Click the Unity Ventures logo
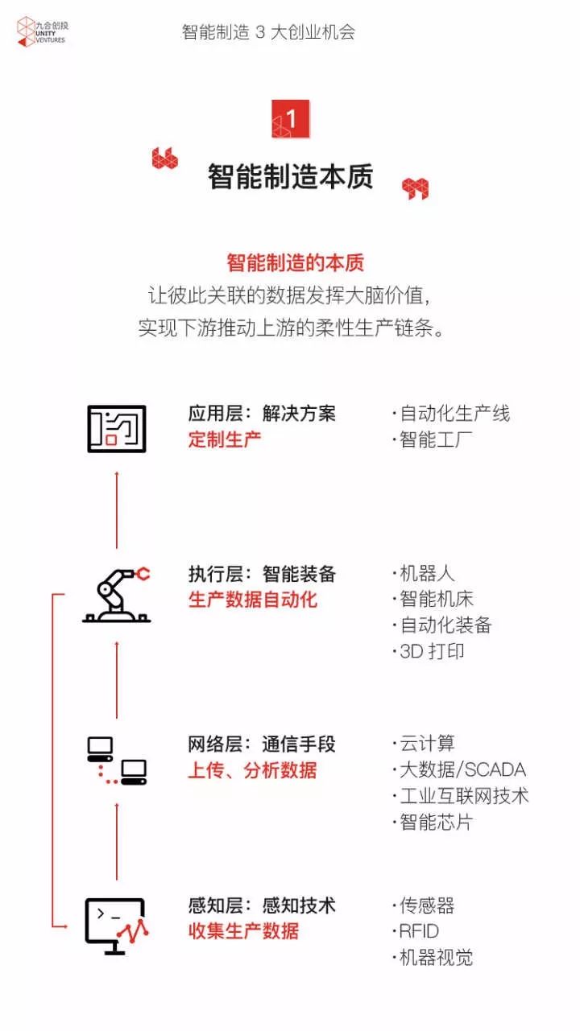[x=43, y=31]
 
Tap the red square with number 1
[x=290, y=119]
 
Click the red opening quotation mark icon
[x=165, y=159]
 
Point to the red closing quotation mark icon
[x=415, y=188]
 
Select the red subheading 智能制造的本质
[x=296, y=263]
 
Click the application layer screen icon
[x=117, y=428]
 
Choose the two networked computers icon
[x=117, y=761]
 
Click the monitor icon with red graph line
[x=117, y=926]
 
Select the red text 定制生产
[x=225, y=439]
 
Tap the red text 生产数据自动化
[x=252, y=600]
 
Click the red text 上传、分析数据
[x=252, y=770]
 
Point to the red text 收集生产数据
[x=243, y=931]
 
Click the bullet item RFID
[x=416, y=931]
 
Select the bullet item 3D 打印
[x=429, y=651]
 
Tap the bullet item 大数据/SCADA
[x=459, y=769]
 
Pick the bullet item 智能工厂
[x=432, y=439]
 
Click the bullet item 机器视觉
[x=433, y=958]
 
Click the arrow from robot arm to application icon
[x=117, y=509]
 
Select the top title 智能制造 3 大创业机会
[x=268, y=32]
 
